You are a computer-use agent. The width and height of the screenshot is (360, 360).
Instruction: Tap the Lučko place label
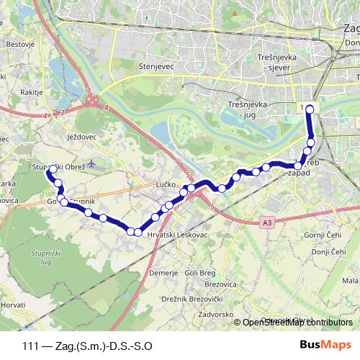click(x=166, y=185)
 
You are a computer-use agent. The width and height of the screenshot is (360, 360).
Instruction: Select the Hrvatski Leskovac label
click(x=174, y=235)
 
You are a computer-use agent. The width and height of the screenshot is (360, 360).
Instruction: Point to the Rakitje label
click(x=17, y=91)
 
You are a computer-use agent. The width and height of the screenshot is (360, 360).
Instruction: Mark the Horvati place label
click(x=12, y=305)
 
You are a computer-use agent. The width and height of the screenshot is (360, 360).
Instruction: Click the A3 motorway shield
click(x=268, y=223)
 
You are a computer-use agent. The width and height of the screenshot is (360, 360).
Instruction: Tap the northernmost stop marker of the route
click(x=310, y=109)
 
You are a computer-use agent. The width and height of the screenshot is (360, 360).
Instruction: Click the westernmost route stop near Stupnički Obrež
click(x=52, y=169)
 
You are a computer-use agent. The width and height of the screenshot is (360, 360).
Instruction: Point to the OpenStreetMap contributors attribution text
click(x=298, y=323)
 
